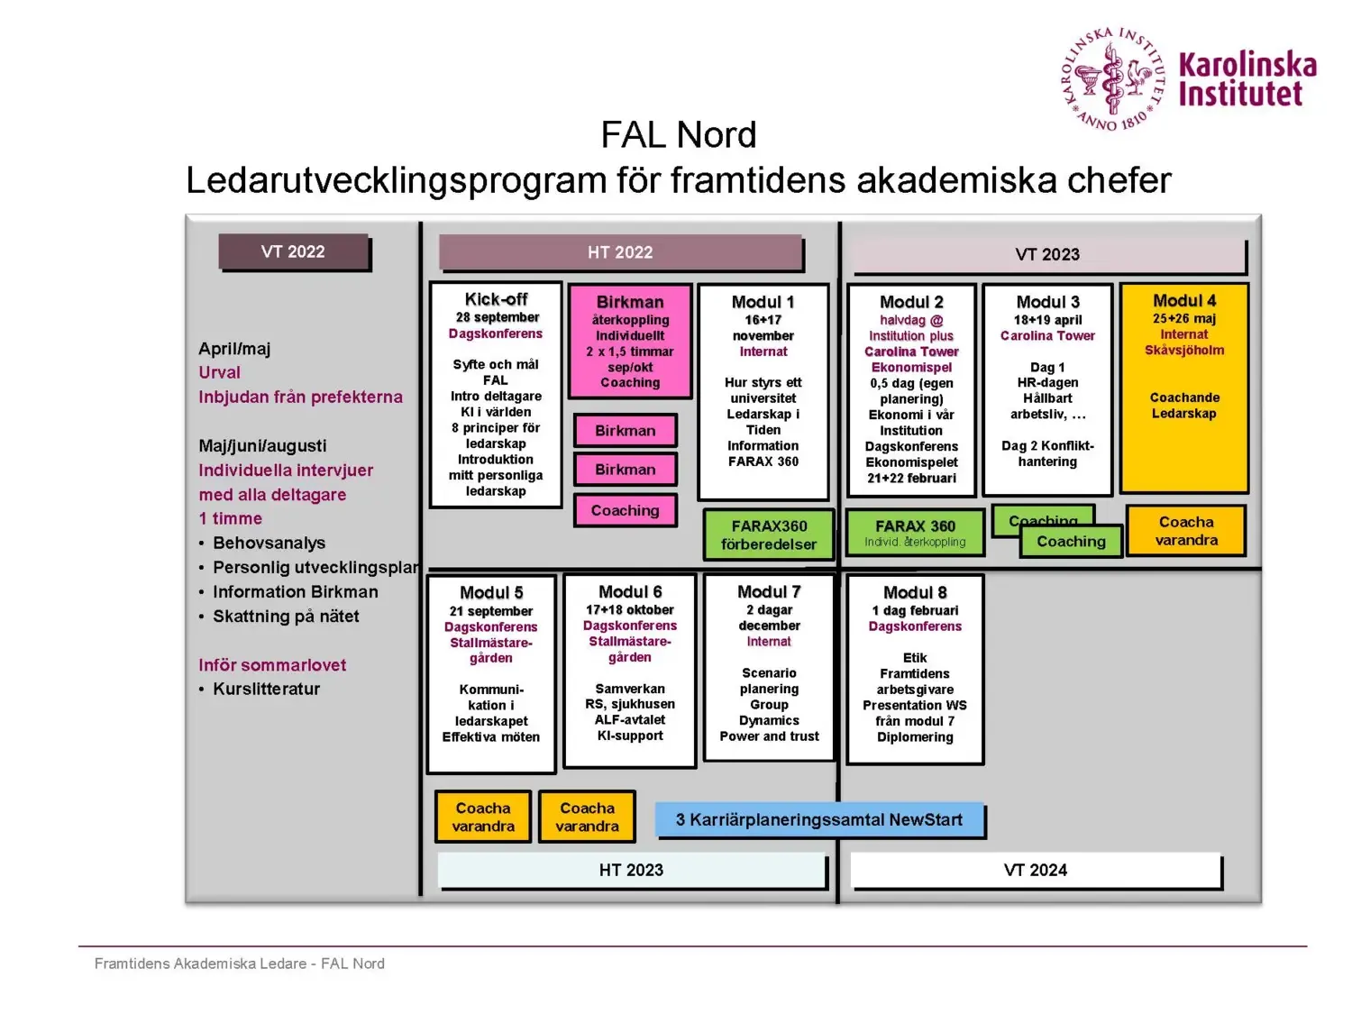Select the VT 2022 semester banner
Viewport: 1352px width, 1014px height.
point(293,252)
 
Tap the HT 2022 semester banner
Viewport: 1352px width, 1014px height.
point(620,253)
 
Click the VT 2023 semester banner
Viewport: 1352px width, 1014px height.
point(1047,255)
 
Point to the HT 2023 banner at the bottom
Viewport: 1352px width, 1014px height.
point(631,871)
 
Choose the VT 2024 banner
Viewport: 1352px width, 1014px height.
point(1035,871)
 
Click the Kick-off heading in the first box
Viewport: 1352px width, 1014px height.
point(496,299)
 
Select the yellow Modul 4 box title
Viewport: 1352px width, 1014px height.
point(1183,301)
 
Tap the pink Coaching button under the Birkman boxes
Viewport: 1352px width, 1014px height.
point(625,511)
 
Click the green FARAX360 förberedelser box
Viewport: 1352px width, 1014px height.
point(769,535)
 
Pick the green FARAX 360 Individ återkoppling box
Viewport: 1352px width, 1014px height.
point(915,533)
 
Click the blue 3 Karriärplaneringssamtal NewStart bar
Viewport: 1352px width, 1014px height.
point(818,820)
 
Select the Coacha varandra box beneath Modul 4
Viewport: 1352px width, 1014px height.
point(1186,531)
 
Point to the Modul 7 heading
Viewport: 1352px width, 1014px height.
point(769,592)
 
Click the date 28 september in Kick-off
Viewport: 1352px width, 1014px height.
point(497,317)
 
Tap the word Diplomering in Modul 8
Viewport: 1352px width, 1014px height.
point(915,737)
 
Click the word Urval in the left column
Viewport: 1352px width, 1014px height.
point(219,373)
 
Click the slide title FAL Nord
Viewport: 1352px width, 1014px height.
point(678,135)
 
